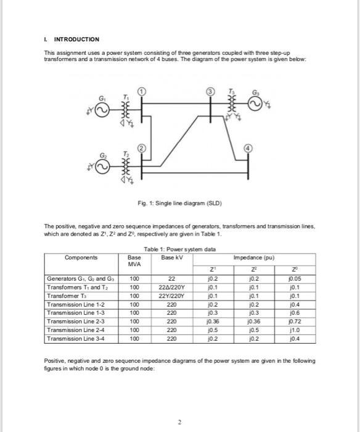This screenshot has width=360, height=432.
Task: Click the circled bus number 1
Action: [x=141, y=92]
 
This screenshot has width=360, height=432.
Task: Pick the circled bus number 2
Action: [x=141, y=149]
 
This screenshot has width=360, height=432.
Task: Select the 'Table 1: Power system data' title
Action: [x=181, y=249]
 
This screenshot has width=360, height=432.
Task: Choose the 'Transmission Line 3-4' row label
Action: [x=78, y=338]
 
